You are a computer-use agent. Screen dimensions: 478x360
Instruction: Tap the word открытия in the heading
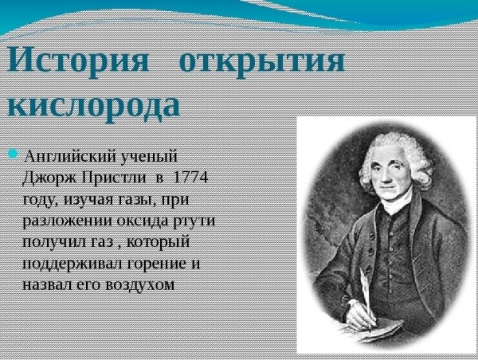[x=262, y=61]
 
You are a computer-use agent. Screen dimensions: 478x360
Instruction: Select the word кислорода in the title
[x=93, y=106]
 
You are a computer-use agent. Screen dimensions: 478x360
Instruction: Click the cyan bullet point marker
[x=13, y=154]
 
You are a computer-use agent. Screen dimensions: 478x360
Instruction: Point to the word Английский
[x=69, y=157]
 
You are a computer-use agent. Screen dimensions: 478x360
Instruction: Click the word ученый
[x=149, y=158]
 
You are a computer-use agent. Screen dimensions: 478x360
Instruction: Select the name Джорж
[x=49, y=178]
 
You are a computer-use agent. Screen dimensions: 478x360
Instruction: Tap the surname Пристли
[x=114, y=178]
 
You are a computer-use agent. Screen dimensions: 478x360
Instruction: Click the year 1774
[x=190, y=178]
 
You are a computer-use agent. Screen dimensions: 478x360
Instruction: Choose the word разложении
[x=68, y=221]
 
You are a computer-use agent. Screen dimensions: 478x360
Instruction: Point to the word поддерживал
[x=72, y=264]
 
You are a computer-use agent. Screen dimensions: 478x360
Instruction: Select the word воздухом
[x=139, y=285]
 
